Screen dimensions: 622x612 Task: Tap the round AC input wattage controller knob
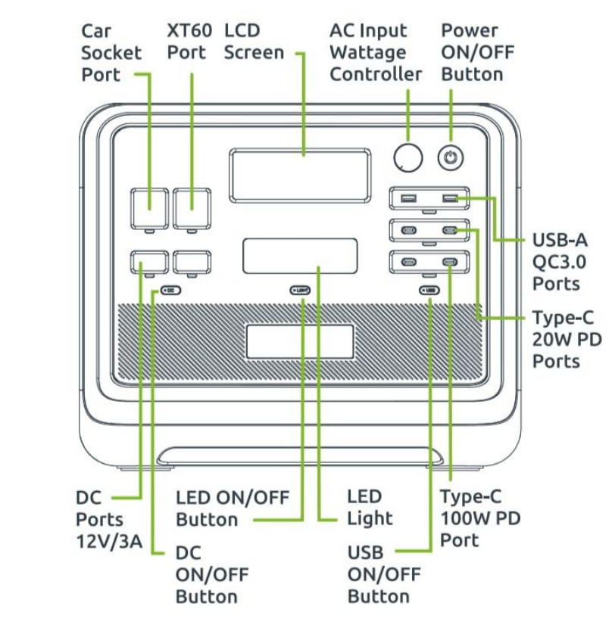(408, 157)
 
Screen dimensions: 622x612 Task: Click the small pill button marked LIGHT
(301, 290)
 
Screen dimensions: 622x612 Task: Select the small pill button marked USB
(429, 290)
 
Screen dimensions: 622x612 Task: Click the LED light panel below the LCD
(300, 256)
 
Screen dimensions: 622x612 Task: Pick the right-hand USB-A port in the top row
(451, 199)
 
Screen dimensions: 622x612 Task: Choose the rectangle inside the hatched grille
(299, 341)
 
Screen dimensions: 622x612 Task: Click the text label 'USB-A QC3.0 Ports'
(560, 262)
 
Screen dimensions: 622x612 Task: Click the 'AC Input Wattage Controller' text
(375, 52)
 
